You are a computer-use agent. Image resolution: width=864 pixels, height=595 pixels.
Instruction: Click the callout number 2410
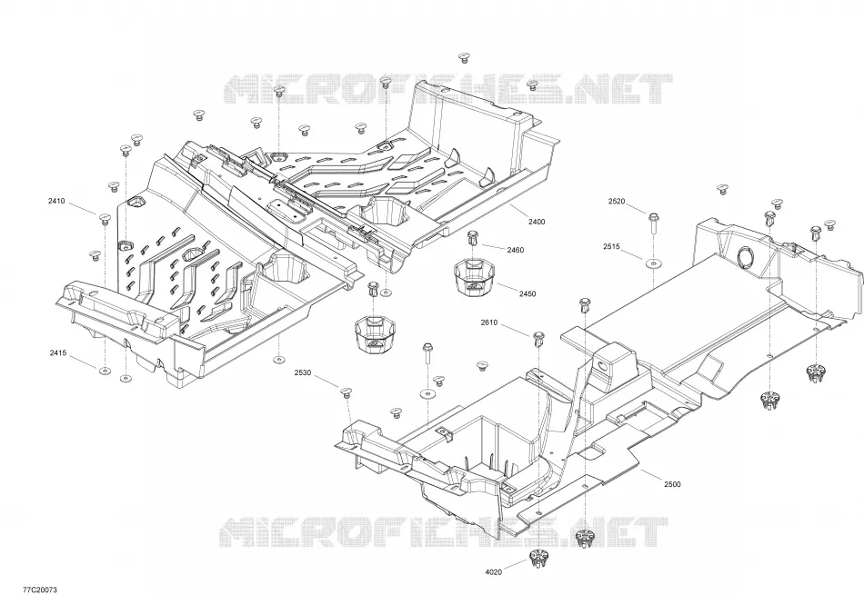[56, 201]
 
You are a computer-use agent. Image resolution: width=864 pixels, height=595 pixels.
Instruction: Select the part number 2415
[58, 352]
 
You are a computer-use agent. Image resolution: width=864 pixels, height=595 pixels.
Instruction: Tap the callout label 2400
[537, 222]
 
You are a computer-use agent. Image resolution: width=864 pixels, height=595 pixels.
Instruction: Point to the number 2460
[515, 250]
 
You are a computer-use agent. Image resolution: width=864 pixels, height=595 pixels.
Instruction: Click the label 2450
[527, 294]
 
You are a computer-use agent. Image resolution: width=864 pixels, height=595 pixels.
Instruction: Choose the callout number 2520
[617, 202]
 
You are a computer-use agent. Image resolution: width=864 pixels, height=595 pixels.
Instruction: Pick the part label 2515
[611, 247]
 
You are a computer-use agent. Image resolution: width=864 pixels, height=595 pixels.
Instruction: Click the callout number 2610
[488, 322]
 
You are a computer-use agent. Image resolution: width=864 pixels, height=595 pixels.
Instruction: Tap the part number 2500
[672, 484]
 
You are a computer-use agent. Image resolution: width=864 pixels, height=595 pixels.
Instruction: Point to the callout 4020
[493, 572]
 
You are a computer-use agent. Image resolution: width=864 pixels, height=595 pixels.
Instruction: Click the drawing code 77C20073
[40, 590]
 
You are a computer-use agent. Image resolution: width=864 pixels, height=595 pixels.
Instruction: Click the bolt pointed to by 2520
[653, 223]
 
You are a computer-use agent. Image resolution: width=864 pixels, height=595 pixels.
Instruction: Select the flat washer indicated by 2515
[653, 264]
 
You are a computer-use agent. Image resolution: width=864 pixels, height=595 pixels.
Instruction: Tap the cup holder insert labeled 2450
[475, 277]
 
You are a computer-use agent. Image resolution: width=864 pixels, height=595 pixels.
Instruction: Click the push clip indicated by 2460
[472, 238]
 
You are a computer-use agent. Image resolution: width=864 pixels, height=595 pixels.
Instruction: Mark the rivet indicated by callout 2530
[346, 392]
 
